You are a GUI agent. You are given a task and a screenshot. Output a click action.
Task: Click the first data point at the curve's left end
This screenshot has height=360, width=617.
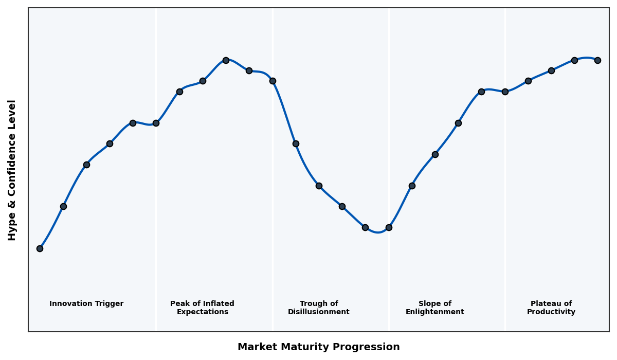(x=40, y=248)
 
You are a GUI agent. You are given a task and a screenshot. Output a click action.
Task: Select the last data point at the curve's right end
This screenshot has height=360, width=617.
(x=597, y=60)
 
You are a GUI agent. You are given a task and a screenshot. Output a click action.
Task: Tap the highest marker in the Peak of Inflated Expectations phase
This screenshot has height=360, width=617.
(x=226, y=60)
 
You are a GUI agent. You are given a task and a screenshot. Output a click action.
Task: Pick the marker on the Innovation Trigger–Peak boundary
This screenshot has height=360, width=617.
(x=156, y=123)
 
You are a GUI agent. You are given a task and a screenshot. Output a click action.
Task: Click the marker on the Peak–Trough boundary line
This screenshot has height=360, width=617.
(x=273, y=81)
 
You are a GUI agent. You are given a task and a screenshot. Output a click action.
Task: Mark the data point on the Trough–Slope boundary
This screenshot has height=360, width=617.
(x=389, y=227)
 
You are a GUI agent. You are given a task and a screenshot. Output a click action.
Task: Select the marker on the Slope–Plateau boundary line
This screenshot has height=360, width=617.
(x=505, y=92)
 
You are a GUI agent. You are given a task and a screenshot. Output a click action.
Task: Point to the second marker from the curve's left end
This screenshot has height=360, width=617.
(x=63, y=206)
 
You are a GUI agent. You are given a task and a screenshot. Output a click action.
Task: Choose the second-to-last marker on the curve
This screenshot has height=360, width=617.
(x=574, y=60)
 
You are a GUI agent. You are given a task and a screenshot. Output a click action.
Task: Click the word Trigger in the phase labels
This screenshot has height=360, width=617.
(x=109, y=304)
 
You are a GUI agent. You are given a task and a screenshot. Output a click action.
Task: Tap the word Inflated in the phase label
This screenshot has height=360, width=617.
(x=217, y=304)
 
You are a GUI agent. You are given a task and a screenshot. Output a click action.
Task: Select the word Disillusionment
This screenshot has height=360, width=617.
(x=319, y=312)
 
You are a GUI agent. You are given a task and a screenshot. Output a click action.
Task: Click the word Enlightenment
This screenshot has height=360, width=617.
(x=435, y=312)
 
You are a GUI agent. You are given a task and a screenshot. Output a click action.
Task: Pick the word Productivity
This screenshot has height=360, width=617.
(x=551, y=312)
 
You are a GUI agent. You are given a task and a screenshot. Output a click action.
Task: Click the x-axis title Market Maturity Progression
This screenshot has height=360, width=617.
(x=319, y=347)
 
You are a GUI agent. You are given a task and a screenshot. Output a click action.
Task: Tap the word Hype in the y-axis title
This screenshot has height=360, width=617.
(x=12, y=229)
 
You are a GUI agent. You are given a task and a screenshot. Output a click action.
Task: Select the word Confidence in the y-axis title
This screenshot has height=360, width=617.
(x=12, y=174)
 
